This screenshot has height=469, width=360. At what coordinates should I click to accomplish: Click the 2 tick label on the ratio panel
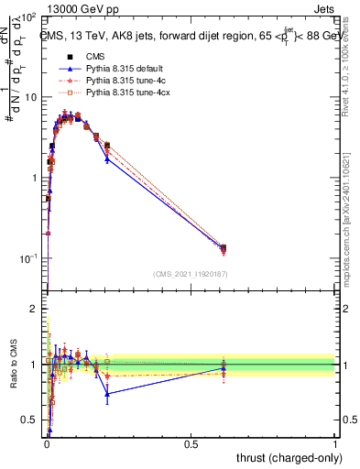point(34,310)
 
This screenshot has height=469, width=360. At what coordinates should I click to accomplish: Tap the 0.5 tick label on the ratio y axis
point(30,420)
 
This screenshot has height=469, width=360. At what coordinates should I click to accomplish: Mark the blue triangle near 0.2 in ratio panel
point(107,395)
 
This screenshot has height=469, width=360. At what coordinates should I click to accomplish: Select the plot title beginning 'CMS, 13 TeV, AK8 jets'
point(188,37)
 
